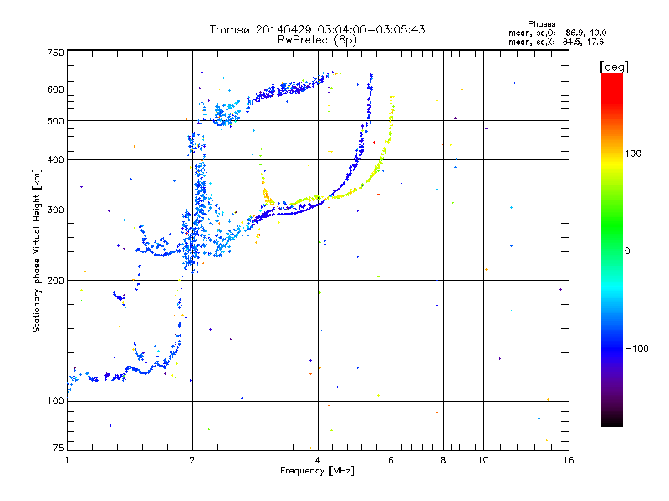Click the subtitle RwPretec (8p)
[x=317, y=40]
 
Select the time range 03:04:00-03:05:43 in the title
[x=371, y=29]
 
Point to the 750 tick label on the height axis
[x=55, y=53]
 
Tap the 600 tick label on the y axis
[x=55, y=89]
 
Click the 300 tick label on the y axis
[x=55, y=210]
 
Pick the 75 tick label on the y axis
[x=59, y=448]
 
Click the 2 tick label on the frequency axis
[x=192, y=460]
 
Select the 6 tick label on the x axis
[x=391, y=460]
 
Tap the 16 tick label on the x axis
[x=569, y=460]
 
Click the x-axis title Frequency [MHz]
[x=317, y=471]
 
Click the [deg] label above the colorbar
[x=614, y=68]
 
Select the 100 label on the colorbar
[x=633, y=154]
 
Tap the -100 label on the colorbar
[x=637, y=348]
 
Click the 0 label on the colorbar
[x=627, y=251]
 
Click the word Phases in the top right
[x=541, y=24]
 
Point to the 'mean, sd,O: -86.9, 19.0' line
[x=557, y=33]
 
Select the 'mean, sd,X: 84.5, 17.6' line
[x=556, y=42]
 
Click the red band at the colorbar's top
[x=612, y=88]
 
